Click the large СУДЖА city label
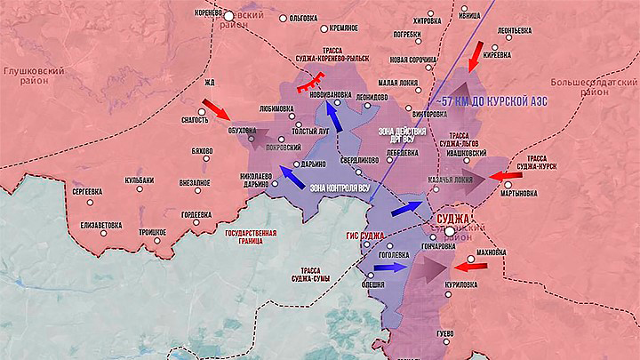click(x=452, y=218)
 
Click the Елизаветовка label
click(x=100, y=225)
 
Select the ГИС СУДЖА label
click(x=364, y=236)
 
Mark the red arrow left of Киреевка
click(x=476, y=54)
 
